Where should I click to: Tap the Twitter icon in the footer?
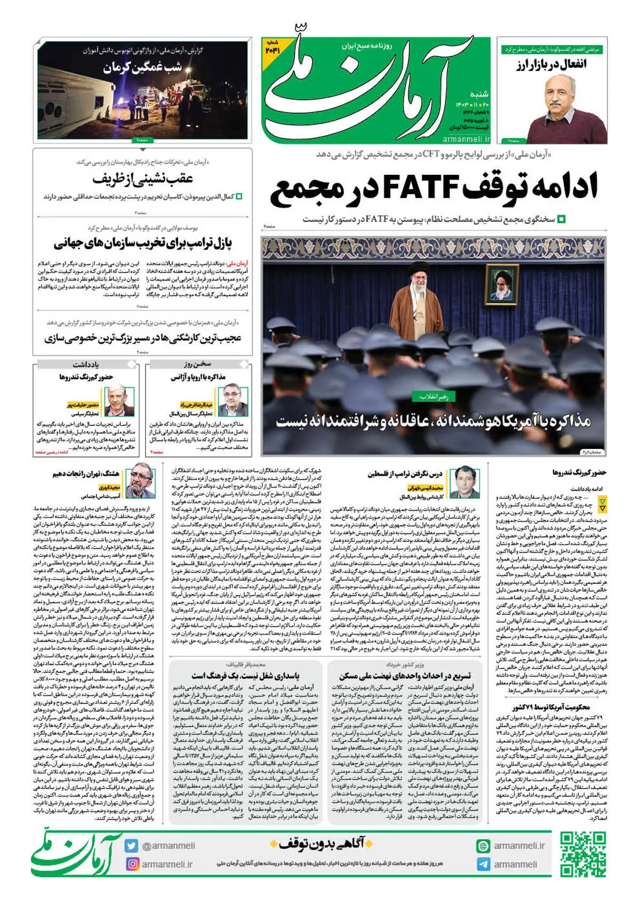pyautogui.click(x=131, y=846)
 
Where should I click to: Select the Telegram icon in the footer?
pyautogui.click(x=483, y=864)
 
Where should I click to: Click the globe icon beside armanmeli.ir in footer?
pyautogui.click(x=483, y=846)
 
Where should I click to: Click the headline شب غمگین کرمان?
pyautogui.click(x=142, y=68)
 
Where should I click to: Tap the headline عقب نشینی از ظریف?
pyautogui.click(x=142, y=179)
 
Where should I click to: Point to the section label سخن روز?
pyautogui.click(x=198, y=364)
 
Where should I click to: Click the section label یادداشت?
pyautogui.click(x=85, y=364)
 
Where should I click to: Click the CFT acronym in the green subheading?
pyautogui.click(x=431, y=154)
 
